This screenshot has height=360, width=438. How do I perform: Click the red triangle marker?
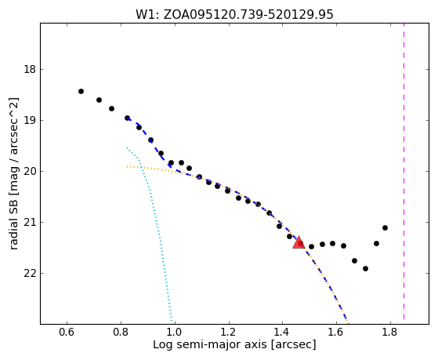point(299,242)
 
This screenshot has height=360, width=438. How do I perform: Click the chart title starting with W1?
point(234,15)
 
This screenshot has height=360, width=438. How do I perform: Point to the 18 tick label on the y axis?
point(30,69)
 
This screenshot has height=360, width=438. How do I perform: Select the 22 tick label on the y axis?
point(30,273)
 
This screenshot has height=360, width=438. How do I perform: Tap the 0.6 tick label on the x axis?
point(67,333)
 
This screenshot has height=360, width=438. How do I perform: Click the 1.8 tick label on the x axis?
point(390,333)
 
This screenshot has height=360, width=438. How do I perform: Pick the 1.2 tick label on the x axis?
point(229,333)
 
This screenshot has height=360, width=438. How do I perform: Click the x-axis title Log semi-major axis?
point(234,344)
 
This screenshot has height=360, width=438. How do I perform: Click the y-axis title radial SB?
point(13,173)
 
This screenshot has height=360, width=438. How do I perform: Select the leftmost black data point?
point(81,91)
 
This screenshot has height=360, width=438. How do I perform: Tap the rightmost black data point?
point(385,227)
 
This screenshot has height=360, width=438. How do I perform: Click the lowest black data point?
point(365,268)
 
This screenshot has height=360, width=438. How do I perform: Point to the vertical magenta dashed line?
point(404,171)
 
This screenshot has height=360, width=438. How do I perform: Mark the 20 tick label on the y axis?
point(30,171)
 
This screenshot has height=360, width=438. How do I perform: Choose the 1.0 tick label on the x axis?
point(175,333)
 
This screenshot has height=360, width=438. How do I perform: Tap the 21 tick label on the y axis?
point(30,222)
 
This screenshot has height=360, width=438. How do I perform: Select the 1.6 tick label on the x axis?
point(336,333)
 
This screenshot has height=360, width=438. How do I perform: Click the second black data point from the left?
point(99,100)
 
